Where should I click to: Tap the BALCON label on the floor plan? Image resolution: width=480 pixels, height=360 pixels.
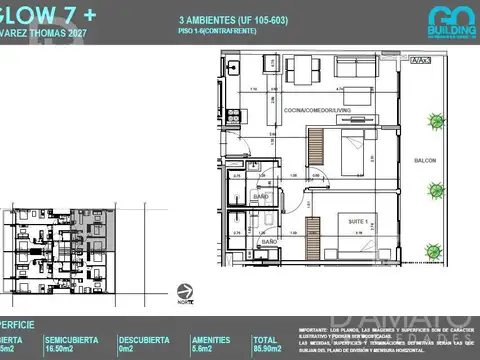coord(424,160)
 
